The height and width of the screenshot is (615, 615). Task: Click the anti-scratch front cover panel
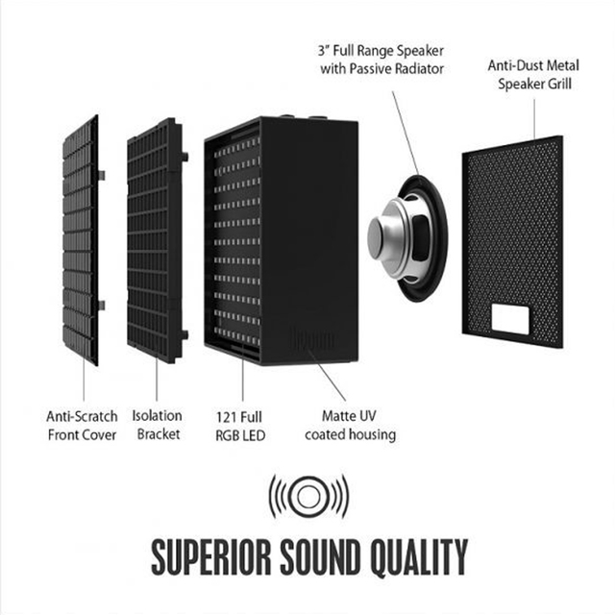pyautogui.click(x=81, y=240)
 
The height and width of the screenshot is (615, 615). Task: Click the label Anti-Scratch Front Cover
pyautogui.click(x=83, y=425)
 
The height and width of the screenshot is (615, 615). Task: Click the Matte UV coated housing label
pyautogui.click(x=350, y=425)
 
